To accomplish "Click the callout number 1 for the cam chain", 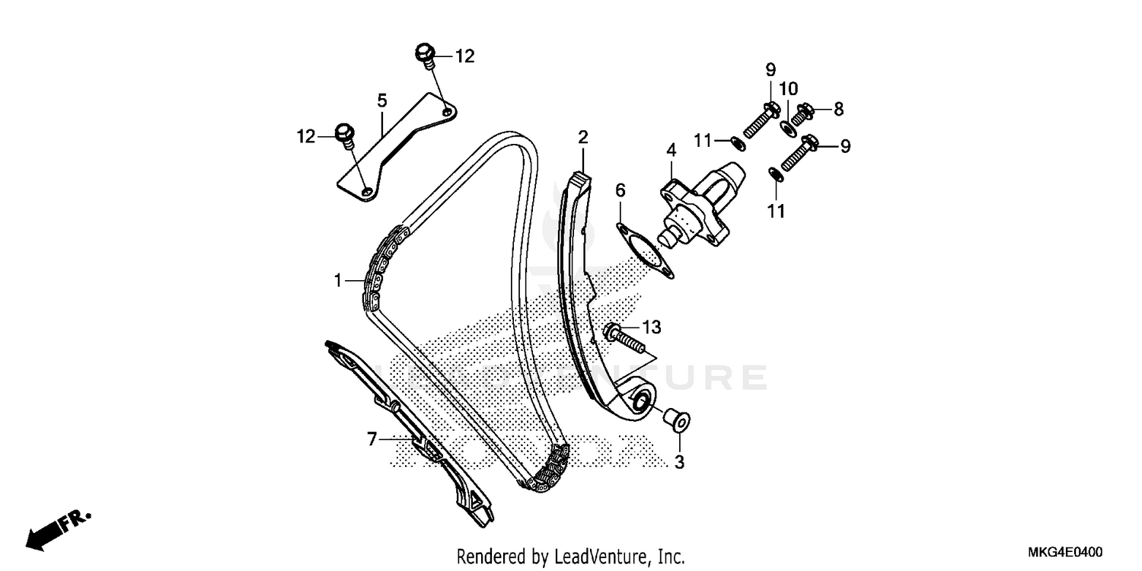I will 337,281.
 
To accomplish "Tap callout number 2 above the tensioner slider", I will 582,138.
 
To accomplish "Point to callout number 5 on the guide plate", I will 381,100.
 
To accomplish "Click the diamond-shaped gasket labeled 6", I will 644,248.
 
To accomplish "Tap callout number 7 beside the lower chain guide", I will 372,439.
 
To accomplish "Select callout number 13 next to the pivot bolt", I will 651,327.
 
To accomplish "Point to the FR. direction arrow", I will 57,529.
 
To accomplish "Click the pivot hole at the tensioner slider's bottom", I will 640,398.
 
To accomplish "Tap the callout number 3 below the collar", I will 680,461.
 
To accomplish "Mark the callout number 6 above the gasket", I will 620,189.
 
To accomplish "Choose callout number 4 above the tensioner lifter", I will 671,151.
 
